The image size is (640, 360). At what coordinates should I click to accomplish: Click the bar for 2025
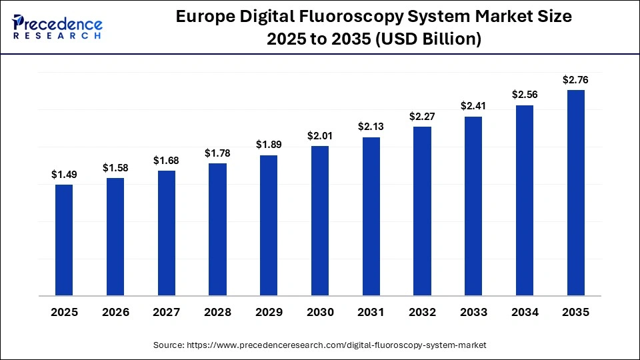pos(64,240)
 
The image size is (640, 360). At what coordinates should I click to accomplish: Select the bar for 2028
pos(217,229)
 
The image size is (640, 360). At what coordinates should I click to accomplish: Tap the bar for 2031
pos(371,216)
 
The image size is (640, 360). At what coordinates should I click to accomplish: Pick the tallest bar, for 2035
pos(576,193)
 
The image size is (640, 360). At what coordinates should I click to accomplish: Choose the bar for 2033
pos(473,206)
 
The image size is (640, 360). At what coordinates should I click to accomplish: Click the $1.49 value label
pos(64,175)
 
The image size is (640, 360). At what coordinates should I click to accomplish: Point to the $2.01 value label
pos(320,136)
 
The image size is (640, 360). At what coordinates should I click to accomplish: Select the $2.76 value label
pos(576,80)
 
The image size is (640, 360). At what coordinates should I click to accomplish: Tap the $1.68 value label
pos(167,161)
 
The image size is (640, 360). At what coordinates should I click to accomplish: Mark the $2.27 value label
pos(423,117)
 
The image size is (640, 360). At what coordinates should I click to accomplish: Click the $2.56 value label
pos(525,95)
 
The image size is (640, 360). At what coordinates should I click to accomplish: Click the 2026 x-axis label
pos(115,312)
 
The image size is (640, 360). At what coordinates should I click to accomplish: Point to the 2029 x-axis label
pos(269,312)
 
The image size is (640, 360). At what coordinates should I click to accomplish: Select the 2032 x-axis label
pos(423,312)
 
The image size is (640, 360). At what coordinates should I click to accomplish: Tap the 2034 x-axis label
pos(525,312)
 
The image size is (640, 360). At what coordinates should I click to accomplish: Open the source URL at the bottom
pos(319,345)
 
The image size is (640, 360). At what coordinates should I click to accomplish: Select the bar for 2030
pos(320,221)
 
